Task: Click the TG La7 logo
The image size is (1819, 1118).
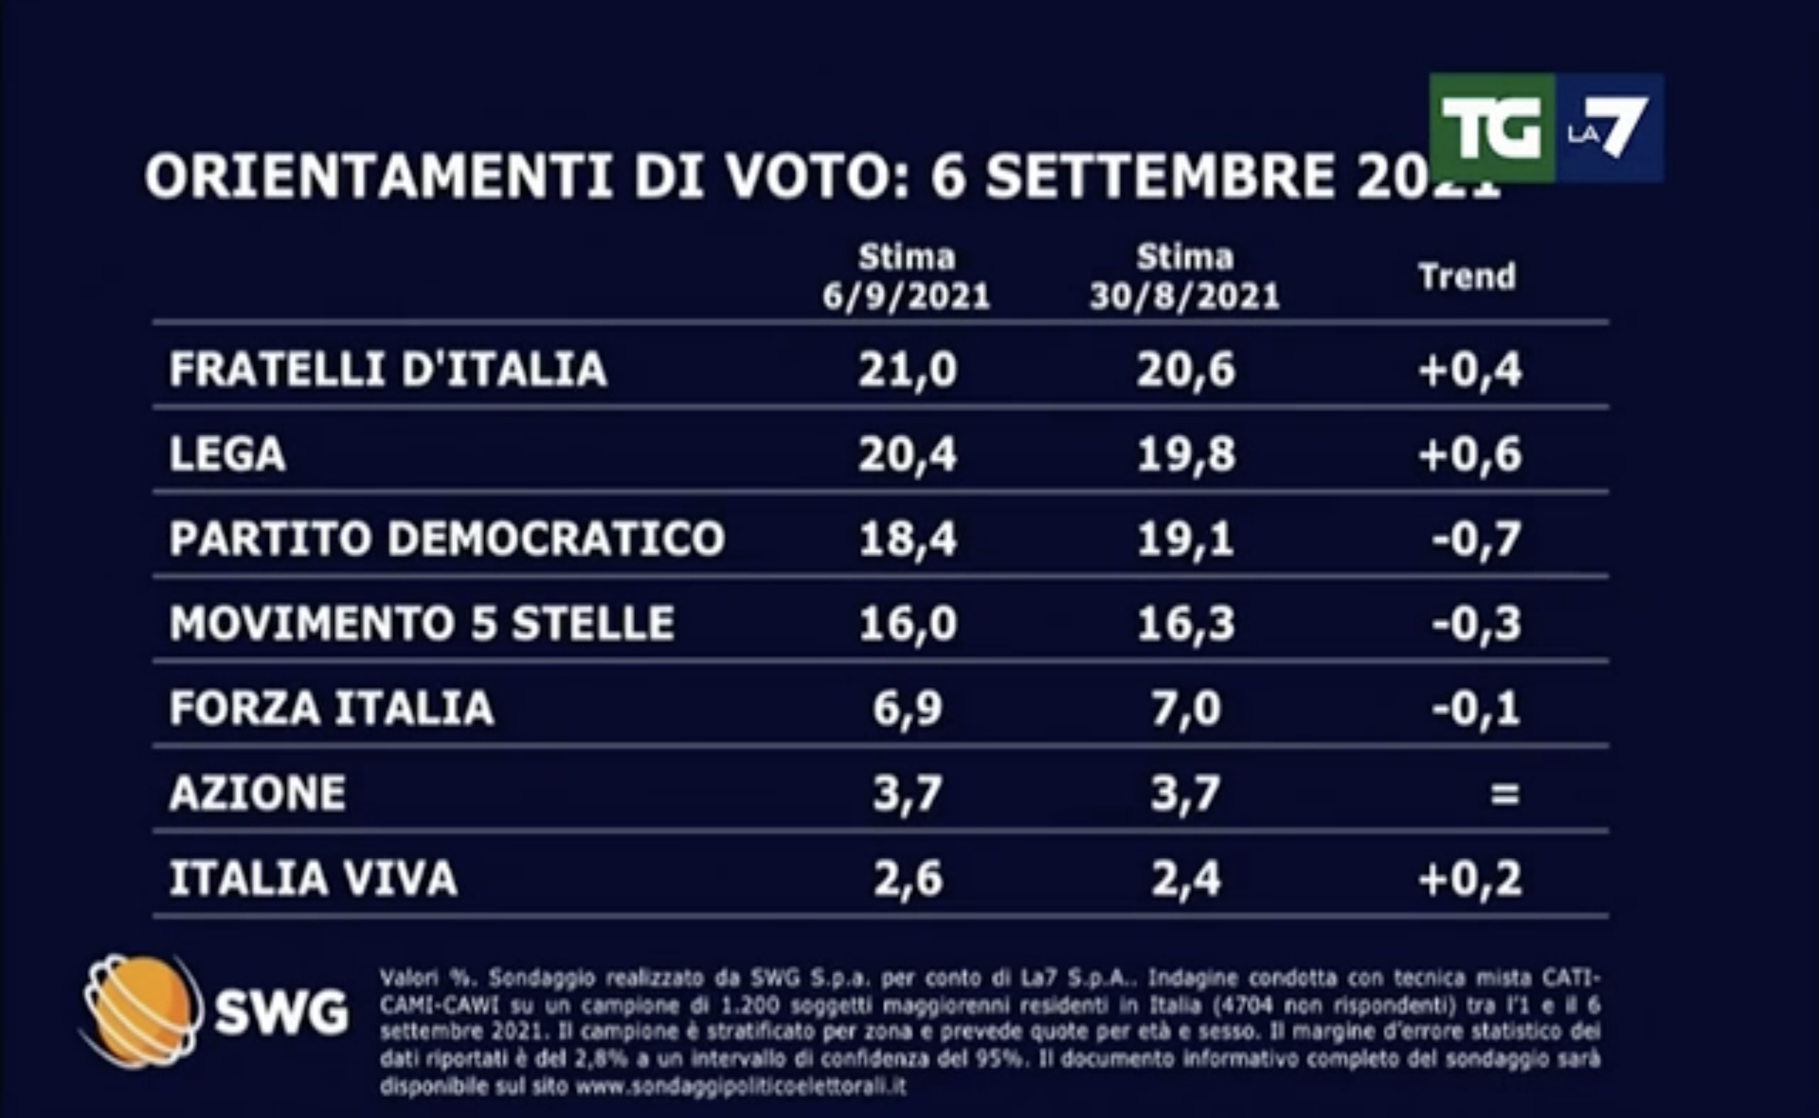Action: coord(1546,127)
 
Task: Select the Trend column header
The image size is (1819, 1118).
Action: coord(1467,277)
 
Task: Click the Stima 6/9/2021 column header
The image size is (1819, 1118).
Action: coord(906,277)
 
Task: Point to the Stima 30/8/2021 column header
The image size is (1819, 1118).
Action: coord(1185,277)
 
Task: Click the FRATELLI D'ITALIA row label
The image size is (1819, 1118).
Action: coord(388,368)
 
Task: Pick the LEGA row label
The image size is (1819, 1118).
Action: coord(227,454)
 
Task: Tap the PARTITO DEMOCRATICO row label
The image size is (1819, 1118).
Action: coord(447,538)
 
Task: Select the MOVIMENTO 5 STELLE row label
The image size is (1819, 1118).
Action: coord(422,623)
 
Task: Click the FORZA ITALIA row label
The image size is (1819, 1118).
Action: coord(332,707)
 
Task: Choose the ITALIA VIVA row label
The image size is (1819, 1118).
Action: coord(313,878)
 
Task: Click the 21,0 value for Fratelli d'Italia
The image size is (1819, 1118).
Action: coord(907,368)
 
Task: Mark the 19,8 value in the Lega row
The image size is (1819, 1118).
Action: coord(1186,454)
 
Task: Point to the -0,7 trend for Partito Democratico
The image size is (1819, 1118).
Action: coord(1476,538)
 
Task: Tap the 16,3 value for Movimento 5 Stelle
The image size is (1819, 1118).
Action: coord(1186,623)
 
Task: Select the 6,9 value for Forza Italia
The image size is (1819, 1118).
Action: coord(907,707)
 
